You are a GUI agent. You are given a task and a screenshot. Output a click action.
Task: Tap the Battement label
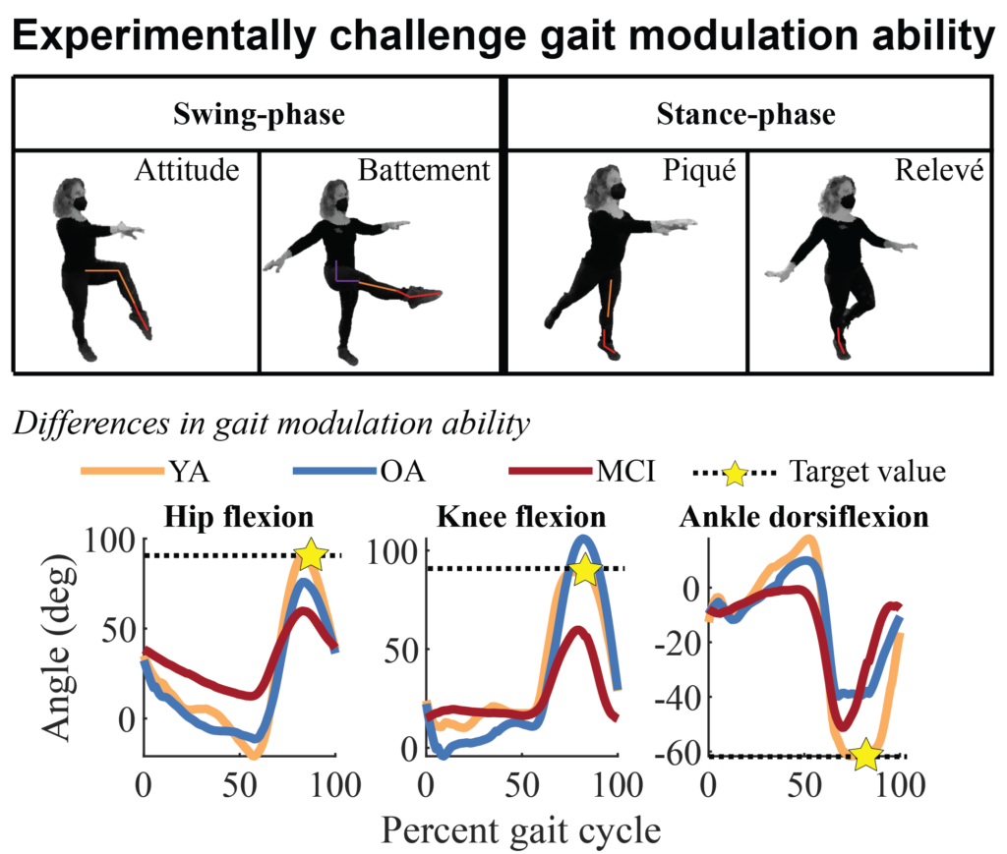tap(424, 172)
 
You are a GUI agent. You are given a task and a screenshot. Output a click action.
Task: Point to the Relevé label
tap(939, 172)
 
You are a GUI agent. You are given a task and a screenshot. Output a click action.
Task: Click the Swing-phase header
tap(259, 115)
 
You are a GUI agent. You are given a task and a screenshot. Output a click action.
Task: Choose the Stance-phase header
tap(745, 115)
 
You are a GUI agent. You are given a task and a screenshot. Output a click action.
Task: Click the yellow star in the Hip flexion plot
tap(311, 554)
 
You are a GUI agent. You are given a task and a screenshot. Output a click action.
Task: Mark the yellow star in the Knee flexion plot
tap(586, 569)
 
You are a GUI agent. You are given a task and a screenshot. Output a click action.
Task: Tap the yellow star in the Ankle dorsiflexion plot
tap(866, 755)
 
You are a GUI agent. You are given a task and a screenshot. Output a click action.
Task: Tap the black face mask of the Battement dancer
tap(341, 204)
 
